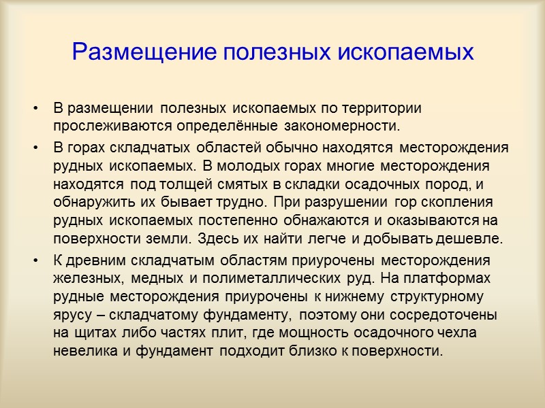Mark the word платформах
tap(456, 278)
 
